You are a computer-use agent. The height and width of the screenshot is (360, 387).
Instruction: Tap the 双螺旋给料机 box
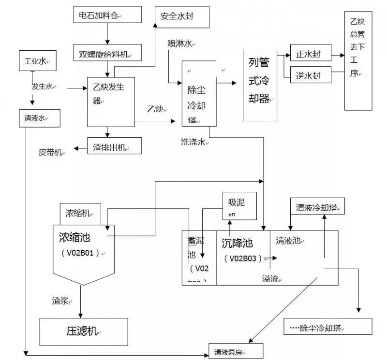(107, 53)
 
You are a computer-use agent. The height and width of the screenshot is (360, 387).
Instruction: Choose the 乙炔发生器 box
(110, 101)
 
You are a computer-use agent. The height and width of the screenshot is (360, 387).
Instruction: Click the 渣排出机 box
(114, 146)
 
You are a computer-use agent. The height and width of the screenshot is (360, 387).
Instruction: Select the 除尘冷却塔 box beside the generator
(198, 94)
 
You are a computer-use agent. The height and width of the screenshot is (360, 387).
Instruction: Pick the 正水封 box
(311, 54)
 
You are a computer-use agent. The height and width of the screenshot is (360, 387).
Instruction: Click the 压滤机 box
(84, 331)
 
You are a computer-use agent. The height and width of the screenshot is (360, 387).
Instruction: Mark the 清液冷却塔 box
(317, 207)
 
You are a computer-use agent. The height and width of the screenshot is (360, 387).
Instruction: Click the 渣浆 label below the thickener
(61, 301)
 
